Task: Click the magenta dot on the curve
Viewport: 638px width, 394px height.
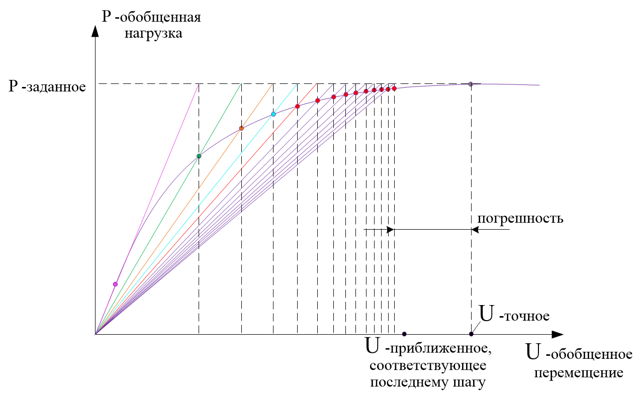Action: [x=115, y=284]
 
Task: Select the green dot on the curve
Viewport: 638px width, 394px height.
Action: [x=199, y=156]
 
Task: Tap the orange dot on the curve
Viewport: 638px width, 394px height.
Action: [x=241, y=128]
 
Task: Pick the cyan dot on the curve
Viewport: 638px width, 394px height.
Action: [x=274, y=114]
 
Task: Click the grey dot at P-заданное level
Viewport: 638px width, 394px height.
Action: [x=471, y=84]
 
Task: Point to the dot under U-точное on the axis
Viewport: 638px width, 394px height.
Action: [x=471, y=334]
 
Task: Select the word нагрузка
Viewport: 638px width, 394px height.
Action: [x=154, y=35]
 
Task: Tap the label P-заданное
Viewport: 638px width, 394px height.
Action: [x=47, y=86]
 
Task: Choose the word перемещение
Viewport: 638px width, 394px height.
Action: [x=579, y=373]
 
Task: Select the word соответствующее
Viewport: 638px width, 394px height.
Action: [x=428, y=365]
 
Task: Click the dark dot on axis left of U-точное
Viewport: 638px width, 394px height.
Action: [x=404, y=334]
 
